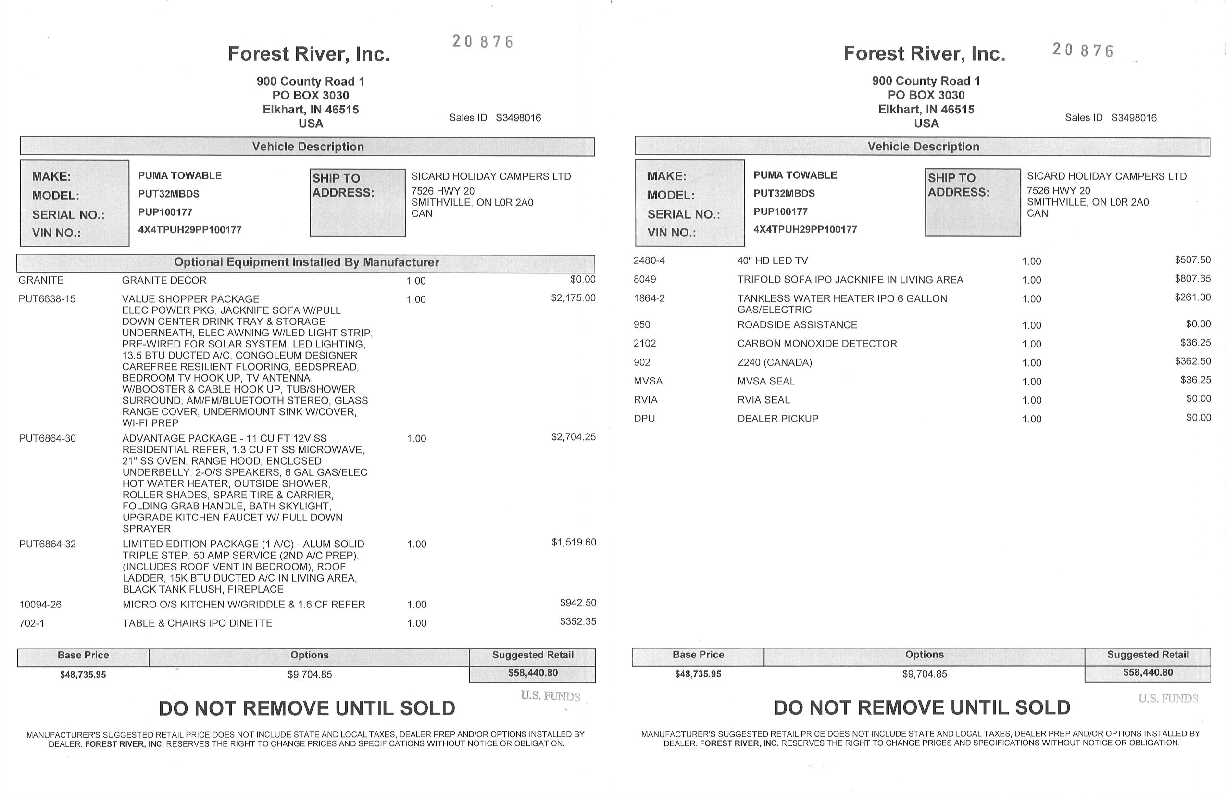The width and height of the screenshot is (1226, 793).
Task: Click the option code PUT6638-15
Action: point(47,299)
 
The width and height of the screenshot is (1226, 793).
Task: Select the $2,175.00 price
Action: point(573,298)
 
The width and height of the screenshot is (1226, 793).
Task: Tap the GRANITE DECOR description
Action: point(164,281)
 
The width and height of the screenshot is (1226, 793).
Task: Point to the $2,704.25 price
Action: point(573,437)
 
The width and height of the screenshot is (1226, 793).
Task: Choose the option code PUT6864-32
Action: point(48,544)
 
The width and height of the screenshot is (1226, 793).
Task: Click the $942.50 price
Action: point(578,603)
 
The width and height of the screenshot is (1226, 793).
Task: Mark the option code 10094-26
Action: point(40,605)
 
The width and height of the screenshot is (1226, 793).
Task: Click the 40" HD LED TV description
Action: point(772,261)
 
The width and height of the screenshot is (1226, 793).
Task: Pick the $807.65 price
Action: point(1192,279)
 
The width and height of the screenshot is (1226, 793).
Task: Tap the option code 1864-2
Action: point(649,298)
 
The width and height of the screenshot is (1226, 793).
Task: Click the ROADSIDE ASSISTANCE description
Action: point(797,325)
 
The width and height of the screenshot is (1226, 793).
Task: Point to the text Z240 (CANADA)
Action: point(774,362)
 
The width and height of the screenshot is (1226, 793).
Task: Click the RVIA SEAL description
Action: point(763,400)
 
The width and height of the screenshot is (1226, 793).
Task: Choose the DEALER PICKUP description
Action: point(777,419)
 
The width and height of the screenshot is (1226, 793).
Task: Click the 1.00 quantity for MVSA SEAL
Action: point(1031,382)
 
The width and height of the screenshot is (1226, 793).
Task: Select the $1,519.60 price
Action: point(574,542)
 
